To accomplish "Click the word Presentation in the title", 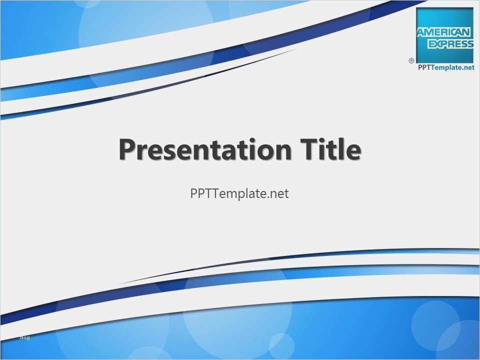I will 205,149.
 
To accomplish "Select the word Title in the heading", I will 329,149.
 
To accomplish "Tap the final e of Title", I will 353,151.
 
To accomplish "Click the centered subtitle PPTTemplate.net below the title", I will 239,194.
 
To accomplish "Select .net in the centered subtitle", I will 279,194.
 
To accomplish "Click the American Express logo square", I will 444,35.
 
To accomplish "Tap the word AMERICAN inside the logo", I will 444,32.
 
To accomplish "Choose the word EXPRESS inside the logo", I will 445,44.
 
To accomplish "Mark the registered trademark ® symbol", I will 411,60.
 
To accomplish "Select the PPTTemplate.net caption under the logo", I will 445,67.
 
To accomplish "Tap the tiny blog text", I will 24,337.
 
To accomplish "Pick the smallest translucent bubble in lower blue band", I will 281,345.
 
